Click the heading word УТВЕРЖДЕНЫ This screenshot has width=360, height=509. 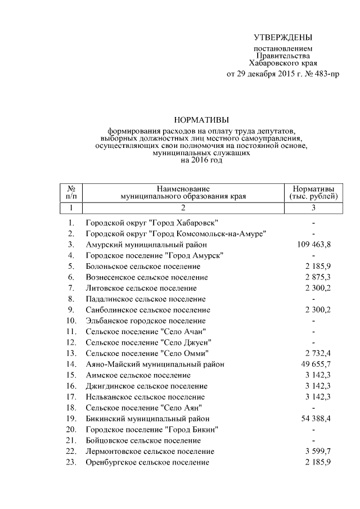(282, 38)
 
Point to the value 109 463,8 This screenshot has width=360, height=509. (313, 245)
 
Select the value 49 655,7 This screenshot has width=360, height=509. (313, 364)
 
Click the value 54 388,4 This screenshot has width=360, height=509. (313, 418)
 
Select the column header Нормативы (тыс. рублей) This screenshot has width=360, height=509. (313, 192)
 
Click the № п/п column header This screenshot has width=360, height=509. (71, 192)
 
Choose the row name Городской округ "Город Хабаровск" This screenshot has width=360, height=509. (152, 223)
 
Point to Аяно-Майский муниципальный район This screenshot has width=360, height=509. (147, 364)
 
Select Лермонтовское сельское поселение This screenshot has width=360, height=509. (150, 452)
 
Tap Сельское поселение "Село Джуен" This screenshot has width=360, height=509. (148, 343)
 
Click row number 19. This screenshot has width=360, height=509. (71, 418)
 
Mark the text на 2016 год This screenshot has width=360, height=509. (201, 160)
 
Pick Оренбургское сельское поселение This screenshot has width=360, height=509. (147, 462)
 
